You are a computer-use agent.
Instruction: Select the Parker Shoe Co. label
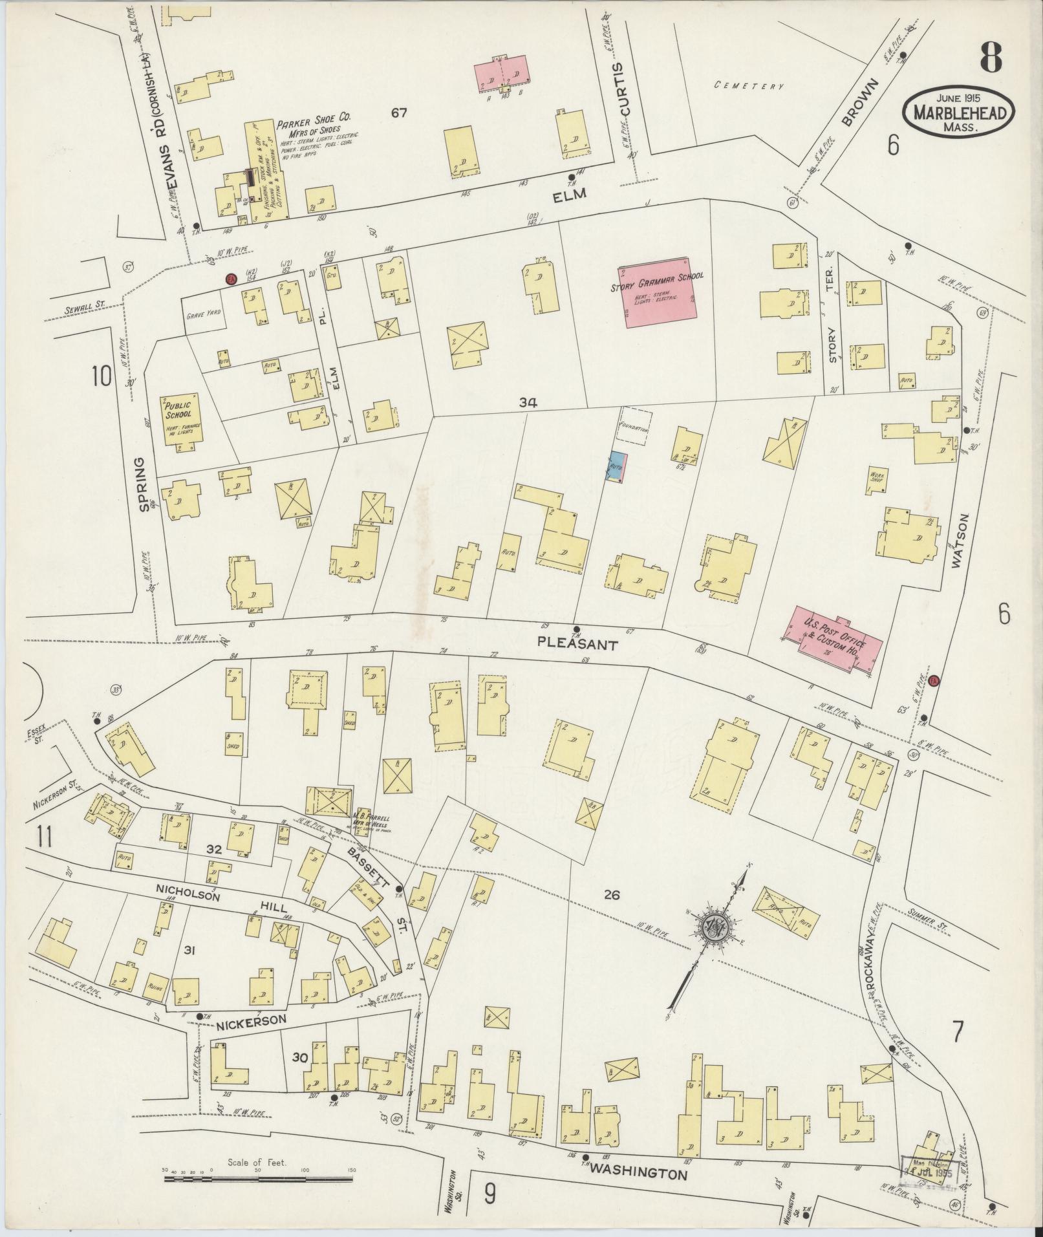tap(313, 119)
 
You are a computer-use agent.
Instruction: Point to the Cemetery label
tap(749, 85)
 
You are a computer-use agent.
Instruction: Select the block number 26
tap(611, 895)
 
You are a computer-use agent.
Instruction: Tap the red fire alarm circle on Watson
tap(933, 681)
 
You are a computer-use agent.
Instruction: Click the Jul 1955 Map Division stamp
tap(929, 1171)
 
